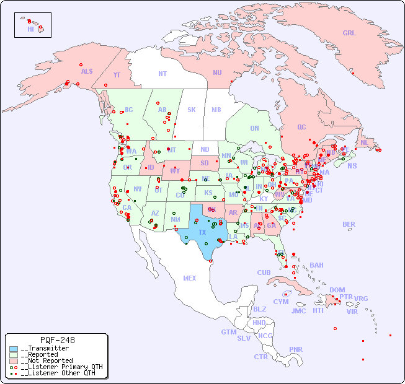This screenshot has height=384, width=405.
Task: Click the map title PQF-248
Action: (x=57, y=340)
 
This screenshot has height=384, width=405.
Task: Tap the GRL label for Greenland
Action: (x=349, y=33)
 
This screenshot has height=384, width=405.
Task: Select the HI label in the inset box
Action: (x=30, y=29)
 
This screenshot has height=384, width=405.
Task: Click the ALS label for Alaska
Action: (x=87, y=71)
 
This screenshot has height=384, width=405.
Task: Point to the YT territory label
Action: (x=117, y=74)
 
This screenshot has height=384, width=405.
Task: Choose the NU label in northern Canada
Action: (x=217, y=72)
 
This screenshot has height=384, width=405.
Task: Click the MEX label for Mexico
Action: (x=190, y=278)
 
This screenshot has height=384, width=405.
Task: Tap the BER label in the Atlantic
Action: (x=349, y=224)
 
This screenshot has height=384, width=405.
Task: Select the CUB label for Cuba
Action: (x=264, y=273)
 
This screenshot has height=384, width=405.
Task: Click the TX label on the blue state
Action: (x=202, y=232)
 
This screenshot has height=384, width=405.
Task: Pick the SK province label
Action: (x=192, y=110)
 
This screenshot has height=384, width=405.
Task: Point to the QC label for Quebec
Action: (x=301, y=127)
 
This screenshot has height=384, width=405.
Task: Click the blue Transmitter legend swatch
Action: (x=14, y=349)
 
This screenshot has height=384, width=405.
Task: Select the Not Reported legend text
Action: (x=47, y=360)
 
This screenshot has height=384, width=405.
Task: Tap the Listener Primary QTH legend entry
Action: (x=58, y=367)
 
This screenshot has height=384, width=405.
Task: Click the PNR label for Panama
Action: (x=296, y=349)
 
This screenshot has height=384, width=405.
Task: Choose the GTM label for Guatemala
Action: (x=228, y=332)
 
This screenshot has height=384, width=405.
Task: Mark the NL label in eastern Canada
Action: (x=365, y=142)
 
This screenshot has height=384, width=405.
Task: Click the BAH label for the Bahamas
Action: (x=316, y=265)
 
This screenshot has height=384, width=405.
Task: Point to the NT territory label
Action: (x=162, y=74)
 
